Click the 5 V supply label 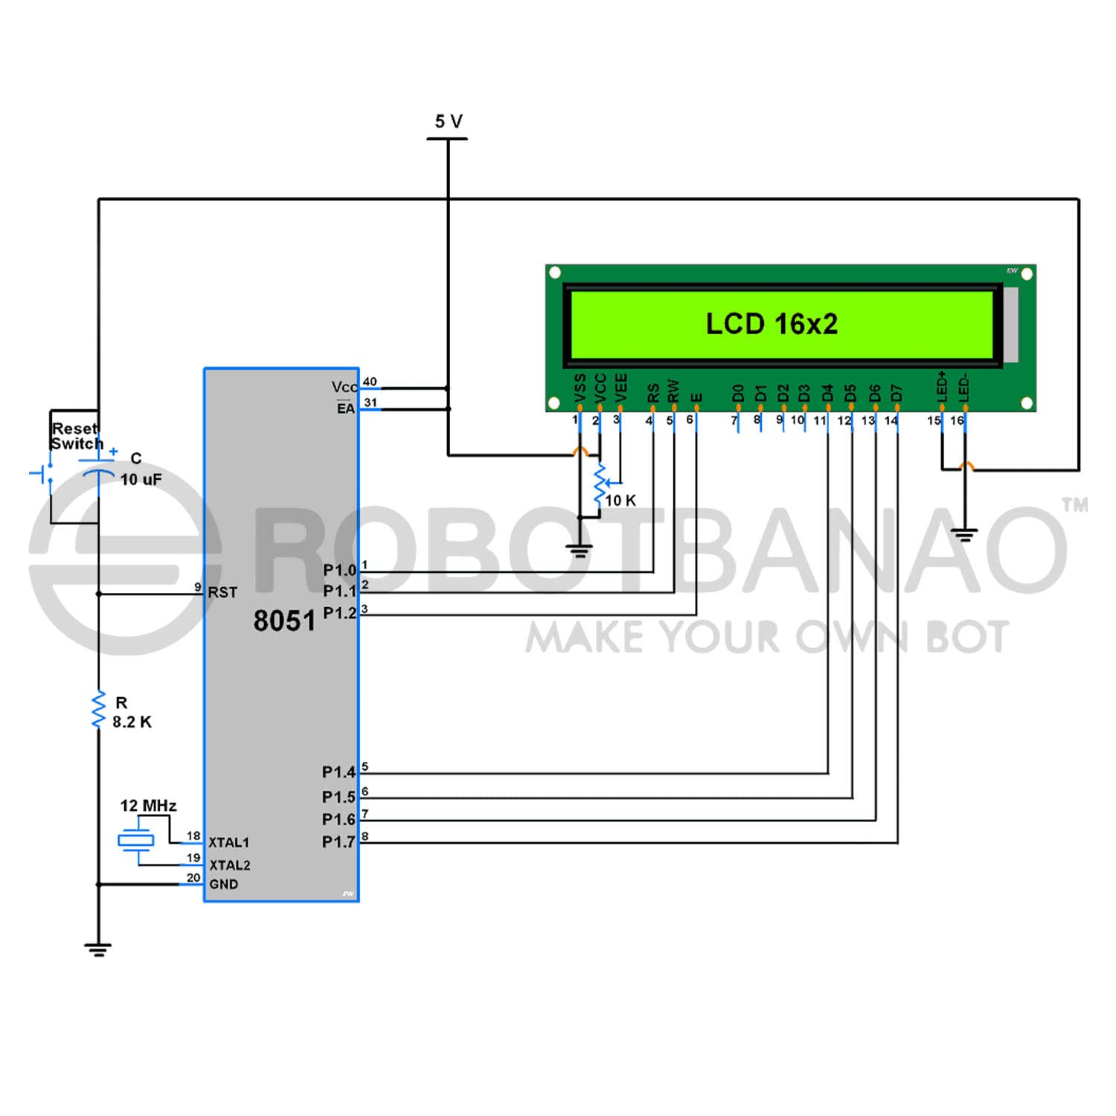pos(449,121)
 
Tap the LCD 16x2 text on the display pos(772,324)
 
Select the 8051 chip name pos(284,620)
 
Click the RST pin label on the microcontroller pos(222,592)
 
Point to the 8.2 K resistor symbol pos(98,710)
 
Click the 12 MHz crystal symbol pos(136,841)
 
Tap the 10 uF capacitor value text pos(141,479)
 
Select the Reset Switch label pos(76,436)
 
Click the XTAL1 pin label pos(229,842)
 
